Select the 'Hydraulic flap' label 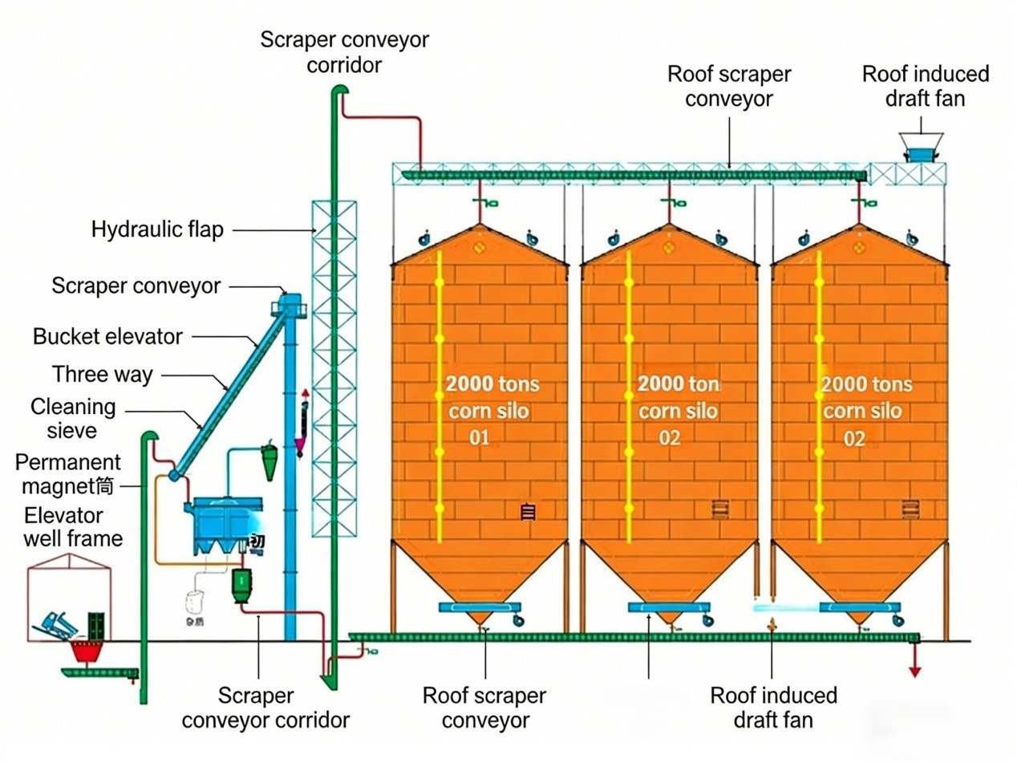(157, 230)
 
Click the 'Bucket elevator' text (107, 337)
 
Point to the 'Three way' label (103, 375)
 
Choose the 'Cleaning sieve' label (72, 419)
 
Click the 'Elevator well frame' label (72, 526)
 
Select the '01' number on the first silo (479, 438)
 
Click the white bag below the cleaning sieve (193, 602)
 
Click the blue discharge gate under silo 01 (479, 607)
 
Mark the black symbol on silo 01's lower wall (528, 512)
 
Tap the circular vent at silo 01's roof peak (480, 248)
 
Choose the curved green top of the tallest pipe (340, 91)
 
